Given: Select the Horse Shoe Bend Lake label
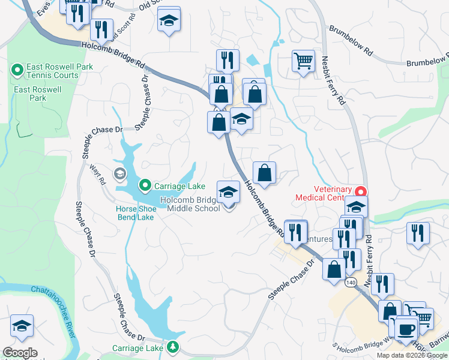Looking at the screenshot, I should pyautogui.click(x=135, y=213).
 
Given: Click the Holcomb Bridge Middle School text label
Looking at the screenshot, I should pyautogui.click(x=189, y=205).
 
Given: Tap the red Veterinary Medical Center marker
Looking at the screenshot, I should pyautogui.click(x=361, y=192).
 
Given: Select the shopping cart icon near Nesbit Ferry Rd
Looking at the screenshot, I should pyautogui.click(x=304, y=60).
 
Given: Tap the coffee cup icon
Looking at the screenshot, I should pyautogui.click(x=406, y=329).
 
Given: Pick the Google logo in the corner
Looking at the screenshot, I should pyautogui.click(x=20, y=353).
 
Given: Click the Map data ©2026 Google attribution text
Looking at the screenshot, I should pyautogui.click(x=412, y=355).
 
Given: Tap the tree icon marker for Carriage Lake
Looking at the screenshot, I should pyautogui.click(x=173, y=347).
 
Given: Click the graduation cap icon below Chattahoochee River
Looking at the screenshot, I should pyautogui.click(x=22, y=326).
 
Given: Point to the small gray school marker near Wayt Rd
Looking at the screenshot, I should pyautogui.click(x=119, y=175).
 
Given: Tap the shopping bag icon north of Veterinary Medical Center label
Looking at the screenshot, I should pyautogui.click(x=264, y=173).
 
